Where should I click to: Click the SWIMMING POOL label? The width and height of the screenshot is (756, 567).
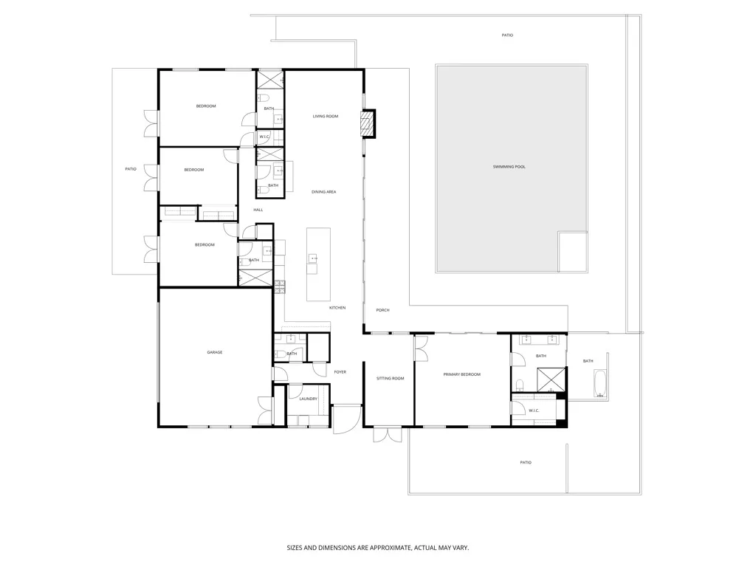pos(509,167)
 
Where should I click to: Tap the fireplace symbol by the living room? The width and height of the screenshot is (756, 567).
pos(368,123)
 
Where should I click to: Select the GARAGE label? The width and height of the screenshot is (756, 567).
pos(215,352)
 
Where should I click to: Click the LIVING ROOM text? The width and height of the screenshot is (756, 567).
pos(326,116)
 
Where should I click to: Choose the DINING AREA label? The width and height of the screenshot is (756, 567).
pos(324,192)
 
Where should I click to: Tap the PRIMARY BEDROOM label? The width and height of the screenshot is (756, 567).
pos(462,374)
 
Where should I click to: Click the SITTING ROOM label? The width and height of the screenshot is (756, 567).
pos(391,378)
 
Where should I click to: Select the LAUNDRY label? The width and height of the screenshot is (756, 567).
pos(308,399)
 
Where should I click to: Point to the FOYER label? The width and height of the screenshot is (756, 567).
pos(340,372)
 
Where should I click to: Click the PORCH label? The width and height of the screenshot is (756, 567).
pos(382,310)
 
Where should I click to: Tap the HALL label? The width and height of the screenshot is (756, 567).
pos(258,210)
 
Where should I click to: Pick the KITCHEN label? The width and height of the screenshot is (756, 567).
pos(337,307)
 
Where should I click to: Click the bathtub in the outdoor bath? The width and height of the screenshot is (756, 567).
pos(600,383)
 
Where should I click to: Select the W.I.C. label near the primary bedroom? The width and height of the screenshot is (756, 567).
pos(534,410)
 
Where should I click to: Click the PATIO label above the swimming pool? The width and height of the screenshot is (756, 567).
pos(507,35)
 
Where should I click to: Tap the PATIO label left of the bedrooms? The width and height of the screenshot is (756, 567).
pos(131,169)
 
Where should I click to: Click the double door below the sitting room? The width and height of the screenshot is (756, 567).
pos(385,434)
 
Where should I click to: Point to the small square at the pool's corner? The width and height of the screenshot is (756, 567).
pos(573,252)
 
